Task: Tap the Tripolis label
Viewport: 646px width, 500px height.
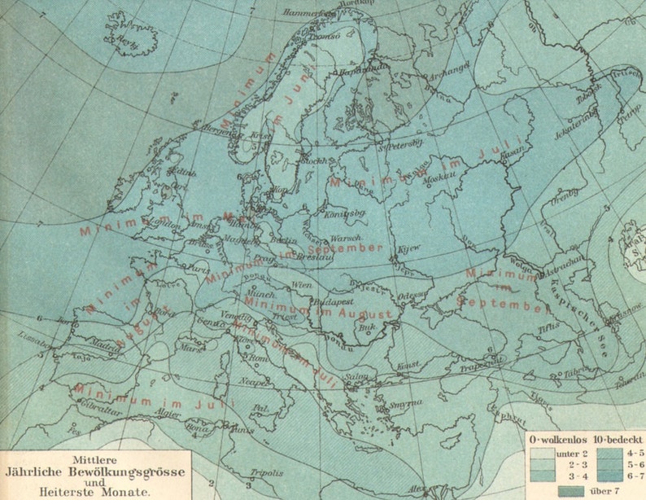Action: click(x=266, y=473)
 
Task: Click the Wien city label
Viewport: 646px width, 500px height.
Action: click(x=302, y=285)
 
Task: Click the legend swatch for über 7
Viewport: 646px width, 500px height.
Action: click(x=573, y=490)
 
